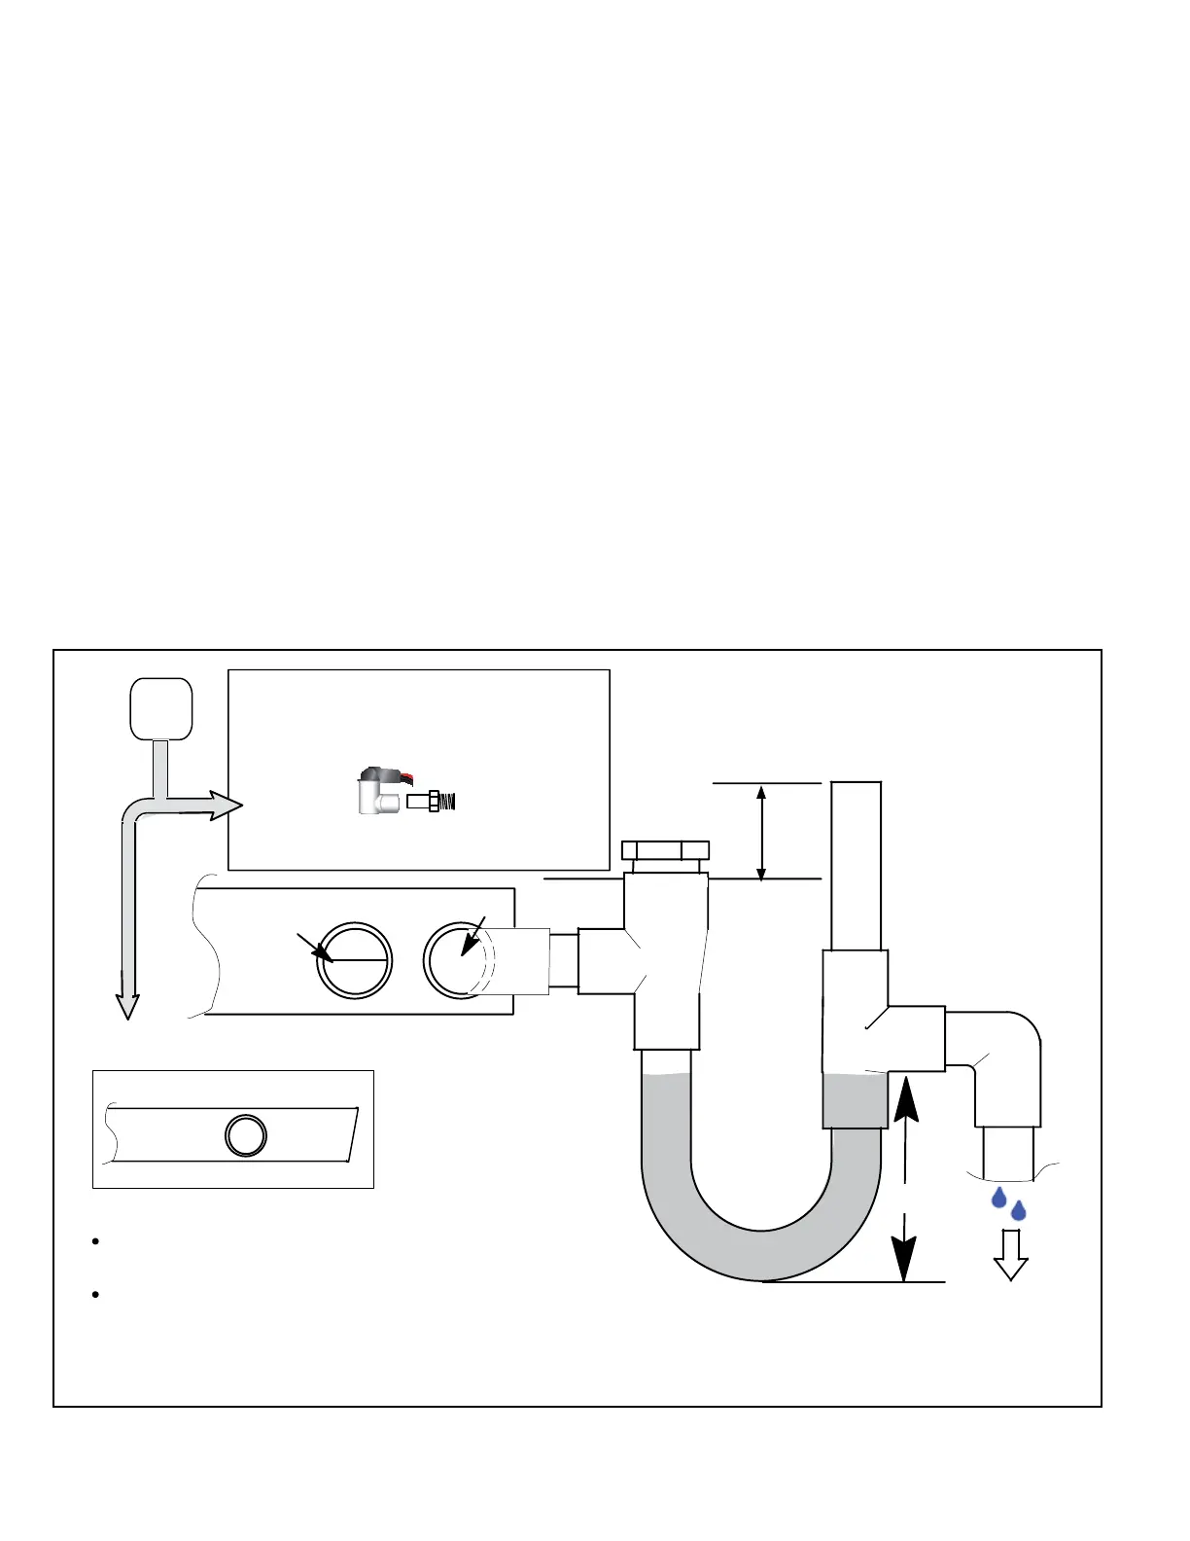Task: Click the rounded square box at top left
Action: tap(161, 708)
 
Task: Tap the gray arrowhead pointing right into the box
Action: tap(226, 806)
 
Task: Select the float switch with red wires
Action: tap(379, 790)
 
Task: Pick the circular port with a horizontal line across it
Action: tap(355, 960)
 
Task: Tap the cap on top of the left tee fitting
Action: tap(665, 849)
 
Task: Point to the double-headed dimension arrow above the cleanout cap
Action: tap(761, 832)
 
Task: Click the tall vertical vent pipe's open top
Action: tap(857, 784)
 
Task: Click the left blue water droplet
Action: tap(998, 1198)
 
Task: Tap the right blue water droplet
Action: tap(1018, 1211)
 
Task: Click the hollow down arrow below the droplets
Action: tap(1011, 1255)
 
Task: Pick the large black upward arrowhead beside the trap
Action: tap(905, 1099)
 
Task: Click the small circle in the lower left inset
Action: tap(246, 1135)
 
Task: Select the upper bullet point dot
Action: tap(96, 1242)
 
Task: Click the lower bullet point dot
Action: tap(96, 1295)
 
